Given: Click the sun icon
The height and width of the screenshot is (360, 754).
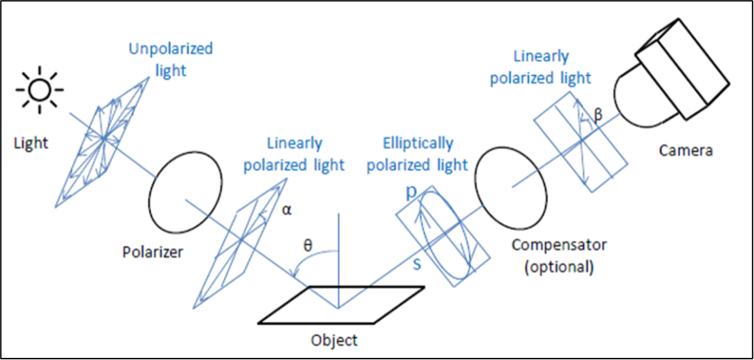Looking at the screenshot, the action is [x=40, y=89].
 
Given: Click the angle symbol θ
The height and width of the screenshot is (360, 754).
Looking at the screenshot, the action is [x=307, y=245].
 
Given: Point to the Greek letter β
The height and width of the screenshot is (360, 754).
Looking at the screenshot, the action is [x=598, y=117].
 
